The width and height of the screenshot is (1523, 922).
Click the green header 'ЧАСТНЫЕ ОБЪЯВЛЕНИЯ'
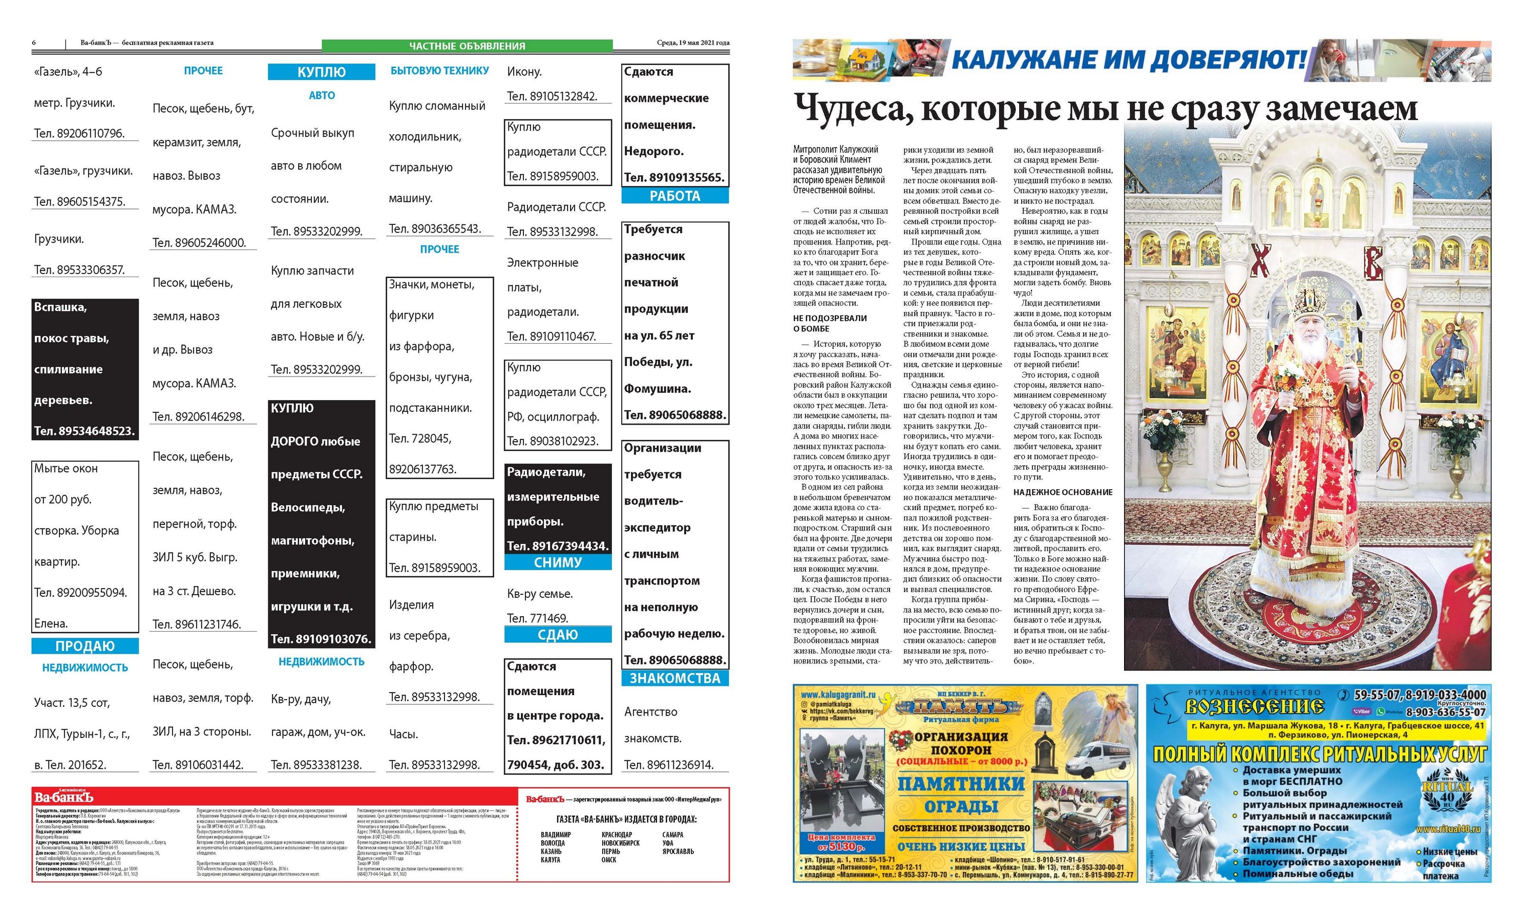[x=467, y=46]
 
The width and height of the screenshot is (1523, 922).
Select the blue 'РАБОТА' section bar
[x=674, y=196]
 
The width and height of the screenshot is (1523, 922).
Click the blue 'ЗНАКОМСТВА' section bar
[x=674, y=678]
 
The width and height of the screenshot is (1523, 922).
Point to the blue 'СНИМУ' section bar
[x=558, y=562]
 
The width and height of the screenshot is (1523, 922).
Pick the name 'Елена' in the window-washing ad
[x=51, y=623]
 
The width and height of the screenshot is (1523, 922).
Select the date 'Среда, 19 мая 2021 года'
[x=693, y=43]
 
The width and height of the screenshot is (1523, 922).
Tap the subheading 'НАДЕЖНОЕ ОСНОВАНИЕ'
[x=1063, y=492]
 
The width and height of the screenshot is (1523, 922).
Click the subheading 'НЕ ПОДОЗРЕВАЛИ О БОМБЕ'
[x=830, y=323]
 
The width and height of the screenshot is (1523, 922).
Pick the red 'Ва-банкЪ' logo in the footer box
[x=64, y=798]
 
